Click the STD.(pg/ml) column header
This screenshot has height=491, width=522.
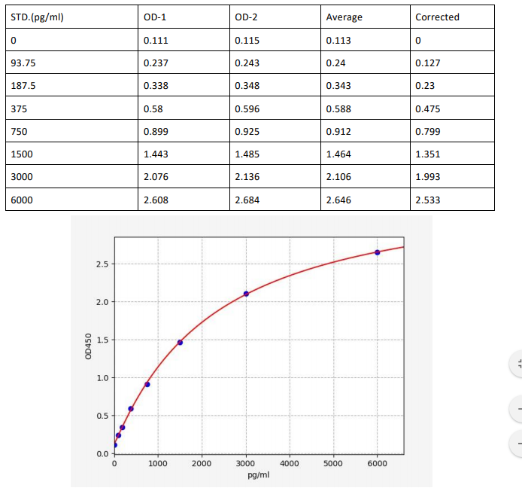coord(37,17)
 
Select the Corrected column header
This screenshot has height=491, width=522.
coord(437,17)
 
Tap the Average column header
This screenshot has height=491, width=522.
coord(344,17)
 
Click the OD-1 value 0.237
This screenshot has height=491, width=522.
coord(156,63)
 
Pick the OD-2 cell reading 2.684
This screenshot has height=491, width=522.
coord(247,200)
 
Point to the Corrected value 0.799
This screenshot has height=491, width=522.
coord(428,132)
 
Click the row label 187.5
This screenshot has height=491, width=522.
coord(23,86)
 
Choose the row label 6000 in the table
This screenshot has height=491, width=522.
coord(23,200)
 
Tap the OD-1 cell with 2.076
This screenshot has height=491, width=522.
coord(156,177)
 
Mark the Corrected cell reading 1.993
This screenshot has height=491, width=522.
coord(428,177)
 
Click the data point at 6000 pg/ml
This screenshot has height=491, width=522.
coord(377,252)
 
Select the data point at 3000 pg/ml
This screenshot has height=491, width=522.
coord(246,293)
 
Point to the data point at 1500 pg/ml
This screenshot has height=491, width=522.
coord(180,343)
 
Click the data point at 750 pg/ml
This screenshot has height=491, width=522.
coord(147,384)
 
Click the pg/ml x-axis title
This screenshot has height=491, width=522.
coord(258,475)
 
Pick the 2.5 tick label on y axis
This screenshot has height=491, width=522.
coord(102,264)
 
